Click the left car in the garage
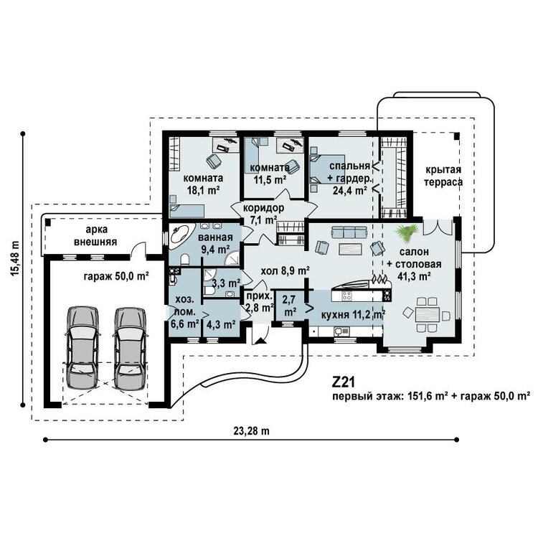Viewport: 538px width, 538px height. tap(82, 347)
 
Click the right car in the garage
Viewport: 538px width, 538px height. tap(130, 347)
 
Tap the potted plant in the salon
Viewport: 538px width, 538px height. tap(407, 233)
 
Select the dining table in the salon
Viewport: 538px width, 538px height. tap(428, 314)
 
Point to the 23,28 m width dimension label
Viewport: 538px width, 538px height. tap(251, 431)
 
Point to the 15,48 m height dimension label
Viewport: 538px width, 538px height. tap(15, 258)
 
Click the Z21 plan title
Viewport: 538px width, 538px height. tap(343, 382)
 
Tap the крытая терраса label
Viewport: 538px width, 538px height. tap(443, 176)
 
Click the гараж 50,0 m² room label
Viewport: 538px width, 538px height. tap(116, 276)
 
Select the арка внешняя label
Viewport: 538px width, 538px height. tap(95, 235)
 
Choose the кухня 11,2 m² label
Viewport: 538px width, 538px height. tap(353, 314)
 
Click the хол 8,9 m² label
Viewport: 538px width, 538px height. tap(285, 270)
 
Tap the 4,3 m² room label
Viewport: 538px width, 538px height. tap(221, 324)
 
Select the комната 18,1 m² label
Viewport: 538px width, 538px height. tap(204, 184)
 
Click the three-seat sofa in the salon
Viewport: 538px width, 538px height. tap(349, 232)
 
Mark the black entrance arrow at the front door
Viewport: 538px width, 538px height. tap(261, 341)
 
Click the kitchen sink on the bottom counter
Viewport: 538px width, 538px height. tap(341, 331)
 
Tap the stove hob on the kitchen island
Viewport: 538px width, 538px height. tap(346, 296)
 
